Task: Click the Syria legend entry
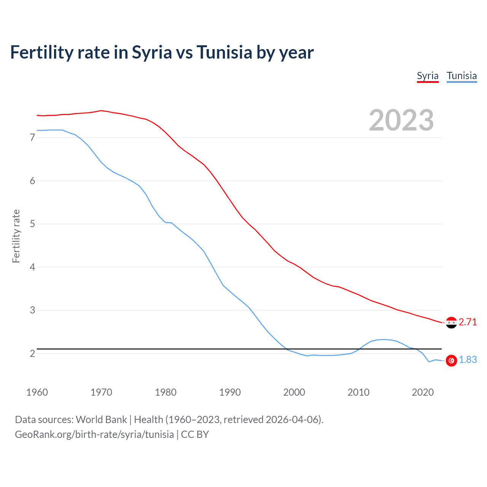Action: tap(428, 76)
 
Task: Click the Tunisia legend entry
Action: tap(462, 76)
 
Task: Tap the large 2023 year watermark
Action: tap(401, 120)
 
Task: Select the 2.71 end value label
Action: tap(468, 322)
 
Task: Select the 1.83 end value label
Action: tap(468, 360)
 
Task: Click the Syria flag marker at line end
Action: tap(451, 323)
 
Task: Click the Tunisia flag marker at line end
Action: tap(451, 360)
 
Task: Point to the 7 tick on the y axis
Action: tap(32, 137)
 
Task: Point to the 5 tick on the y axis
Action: tap(32, 224)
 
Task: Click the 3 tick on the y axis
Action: tap(32, 310)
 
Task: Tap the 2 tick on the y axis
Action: tap(32, 353)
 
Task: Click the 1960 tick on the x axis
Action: tap(37, 392)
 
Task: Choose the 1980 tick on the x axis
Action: tap(166, 392)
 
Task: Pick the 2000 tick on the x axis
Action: tap(294, 392)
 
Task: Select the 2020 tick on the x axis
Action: tap(423, 392)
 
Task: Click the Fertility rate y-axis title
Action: tap(16, 236)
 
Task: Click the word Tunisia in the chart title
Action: tap(224, 52)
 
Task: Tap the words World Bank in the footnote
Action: tap(101, 420)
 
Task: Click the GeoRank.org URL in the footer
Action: tap(94, 434)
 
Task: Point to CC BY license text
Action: tap(195, 434)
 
